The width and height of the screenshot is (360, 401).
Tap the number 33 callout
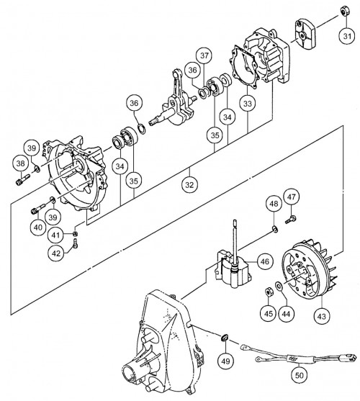(247, 104)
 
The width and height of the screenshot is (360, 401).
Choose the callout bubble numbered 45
(267, 313)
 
